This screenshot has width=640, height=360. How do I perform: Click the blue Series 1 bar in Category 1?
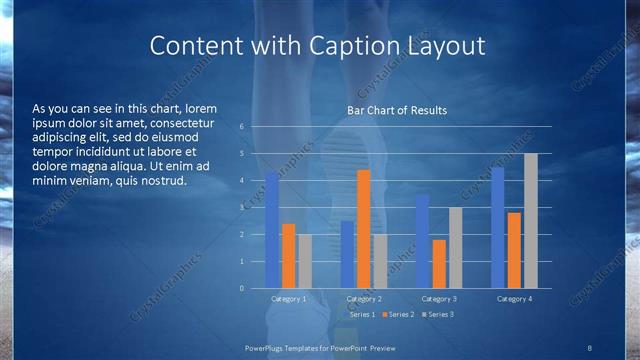(271, 230)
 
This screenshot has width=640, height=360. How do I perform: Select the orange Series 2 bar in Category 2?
(363, 229)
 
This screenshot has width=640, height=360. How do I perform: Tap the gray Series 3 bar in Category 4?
(531, 221)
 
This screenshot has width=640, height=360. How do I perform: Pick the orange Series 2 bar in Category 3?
(439, 264)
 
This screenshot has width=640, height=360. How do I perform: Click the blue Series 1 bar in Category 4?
(497, 228)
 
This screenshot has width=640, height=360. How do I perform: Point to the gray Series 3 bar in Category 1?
(305, 261)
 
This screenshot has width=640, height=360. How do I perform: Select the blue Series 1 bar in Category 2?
(347, 254)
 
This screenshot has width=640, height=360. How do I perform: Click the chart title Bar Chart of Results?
(397, 110)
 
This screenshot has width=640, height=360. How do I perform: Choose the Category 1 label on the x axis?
(288, 299)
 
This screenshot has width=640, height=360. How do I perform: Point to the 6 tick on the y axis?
(242, 127)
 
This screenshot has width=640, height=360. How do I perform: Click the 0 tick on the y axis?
(242, 289)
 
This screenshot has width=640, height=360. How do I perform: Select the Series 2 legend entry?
(398, 315)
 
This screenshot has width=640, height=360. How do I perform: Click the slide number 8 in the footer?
(589, 347)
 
